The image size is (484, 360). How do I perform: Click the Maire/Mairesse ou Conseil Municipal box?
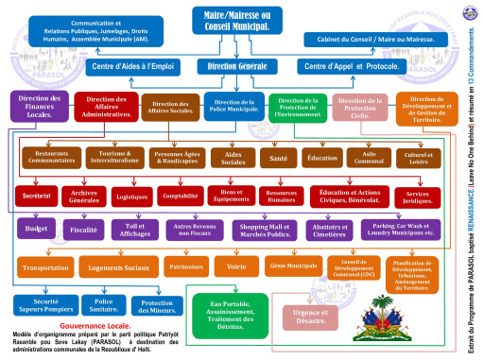pyautogui.click(x=236, y=21)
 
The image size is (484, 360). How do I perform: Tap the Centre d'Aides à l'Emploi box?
pyautogui.click(x=132, y=67)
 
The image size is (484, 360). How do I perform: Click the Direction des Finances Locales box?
pyautogui.click(x=38, y=106)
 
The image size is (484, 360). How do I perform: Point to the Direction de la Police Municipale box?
pyautogui.click(x=233, y=108)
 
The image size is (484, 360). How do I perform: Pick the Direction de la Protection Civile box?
pyautogui.click(x=360, y=108)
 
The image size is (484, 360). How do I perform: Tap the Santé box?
pyautogui.click(x=274, y=158)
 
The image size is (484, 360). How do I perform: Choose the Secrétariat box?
pyautogui.click(x=38, y=195)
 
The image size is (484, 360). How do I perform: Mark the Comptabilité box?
pyautogui.click(x=180, y=195)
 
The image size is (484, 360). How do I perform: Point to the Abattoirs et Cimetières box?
pyautogui.click(x=330, y=230)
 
